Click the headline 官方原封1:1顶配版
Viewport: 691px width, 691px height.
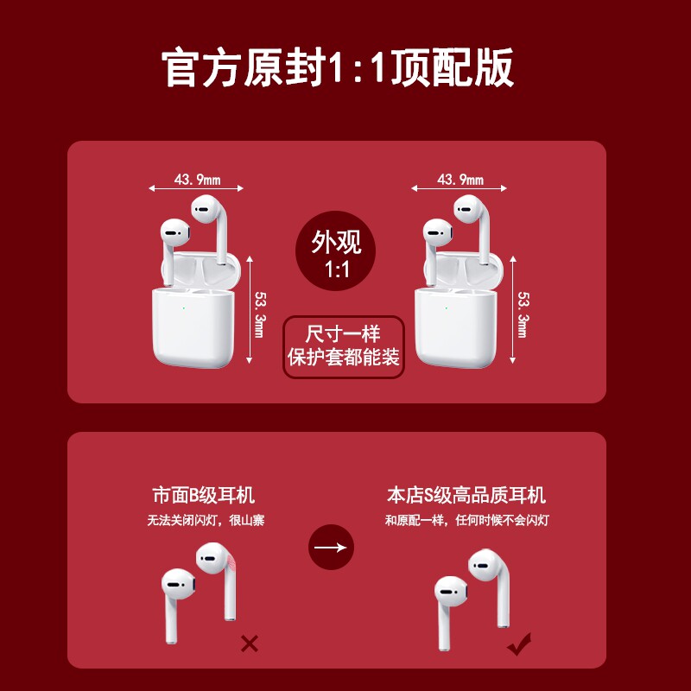pyautogui.click(x=339, y=68)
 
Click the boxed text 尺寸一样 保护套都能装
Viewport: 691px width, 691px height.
pyautogui.click(x=344, y=345)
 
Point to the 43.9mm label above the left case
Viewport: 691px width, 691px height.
pyautogui.click(x=197, y=180)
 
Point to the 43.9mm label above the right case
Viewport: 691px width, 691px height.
pyautogui.click(x=460, y=180)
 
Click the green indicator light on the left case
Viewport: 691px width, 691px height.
pyautogui.click(x=184, y=307)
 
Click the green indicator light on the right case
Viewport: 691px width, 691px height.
pyautogui.click(x=446, y=307)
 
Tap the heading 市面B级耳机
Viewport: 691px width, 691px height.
pyautogui.click(x=204, y=496)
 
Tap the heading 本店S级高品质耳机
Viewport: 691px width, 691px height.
pyautogui.click(x=466, y=496)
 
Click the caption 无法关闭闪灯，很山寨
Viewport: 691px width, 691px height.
pyautogui.click(x=204, y=521)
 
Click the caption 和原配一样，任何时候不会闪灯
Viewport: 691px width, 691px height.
pyautogui.click(x=466, y=521)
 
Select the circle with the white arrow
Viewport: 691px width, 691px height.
pyautogui.click(x=332, y=547)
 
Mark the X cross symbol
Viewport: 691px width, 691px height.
pyautogui.click(x=250, y=643)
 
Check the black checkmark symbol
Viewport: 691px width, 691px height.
pyautogui.click(x=519, y=643)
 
